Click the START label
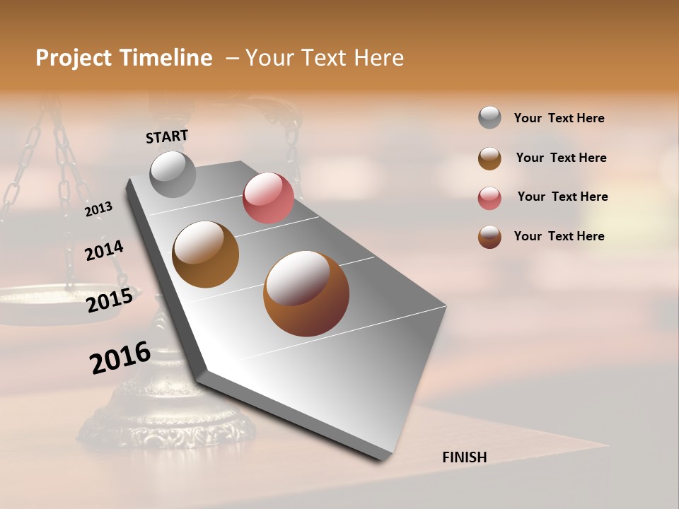pyautogui.click(x=167, y=136)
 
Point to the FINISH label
pyautogui.click(x=464, y=457)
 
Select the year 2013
pyautogui.click(x=99, y=209)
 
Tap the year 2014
pyautogui.click(x=105, y=250)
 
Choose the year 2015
pyautogui.click(x=110, y=300)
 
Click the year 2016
pyautogui.click(x=120, y=357)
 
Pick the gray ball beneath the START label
pyautogui.click(x=173, y=174)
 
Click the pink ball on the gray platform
pyautogui.click(x=268, y=198)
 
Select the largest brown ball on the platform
pyautogui.click(x=306, y=293)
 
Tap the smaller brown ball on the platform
pyautogui.click(x=206, y=255)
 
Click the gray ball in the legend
pyautogui.click(x=489, y=118)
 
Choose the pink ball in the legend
pyautogui.click(x=489, y=198)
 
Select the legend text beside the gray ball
pyautogui.click(x=559, y=119)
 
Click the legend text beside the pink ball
pyautogui.click(x=562, y=197)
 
